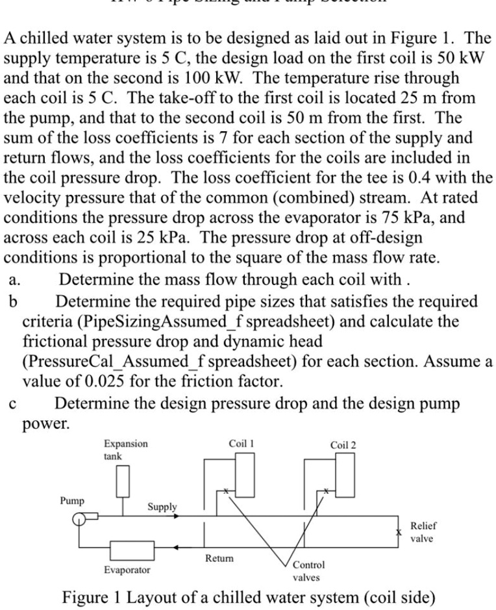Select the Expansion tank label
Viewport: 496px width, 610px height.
coord(125,450)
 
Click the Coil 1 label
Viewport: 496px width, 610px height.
coord(242,444)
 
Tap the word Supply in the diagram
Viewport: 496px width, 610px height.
coord(162,507)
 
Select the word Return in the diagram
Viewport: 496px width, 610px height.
coord(219,558)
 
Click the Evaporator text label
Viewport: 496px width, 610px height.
coord(127,570)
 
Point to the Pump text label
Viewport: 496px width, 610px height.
coord(71,500)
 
